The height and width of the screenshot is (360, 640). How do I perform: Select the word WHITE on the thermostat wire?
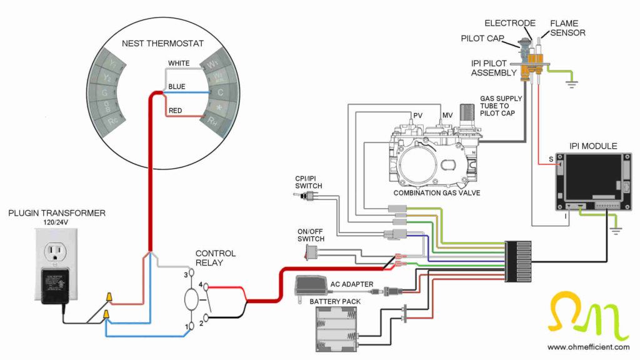tap(179, 63)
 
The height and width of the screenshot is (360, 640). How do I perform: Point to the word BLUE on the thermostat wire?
tap(177, 87)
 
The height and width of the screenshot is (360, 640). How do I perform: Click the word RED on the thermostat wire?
tap(176, 111)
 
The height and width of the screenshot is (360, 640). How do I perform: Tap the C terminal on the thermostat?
tap(219, 92)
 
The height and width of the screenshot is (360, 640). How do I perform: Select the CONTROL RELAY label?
tap(216, 258)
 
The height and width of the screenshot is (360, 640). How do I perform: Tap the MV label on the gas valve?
tap(447, 116)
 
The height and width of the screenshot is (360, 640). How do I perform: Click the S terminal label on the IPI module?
tap(551, 159)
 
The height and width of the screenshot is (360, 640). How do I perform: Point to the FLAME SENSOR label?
tap(567, 28)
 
